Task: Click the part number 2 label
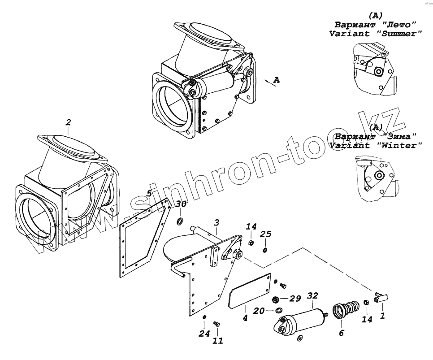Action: click(68, 122)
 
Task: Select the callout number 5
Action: click(149, 194)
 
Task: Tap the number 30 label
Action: click(181, 204)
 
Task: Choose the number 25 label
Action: click(266, 234)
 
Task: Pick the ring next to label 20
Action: click(279, 311)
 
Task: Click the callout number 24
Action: click(204, 333)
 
